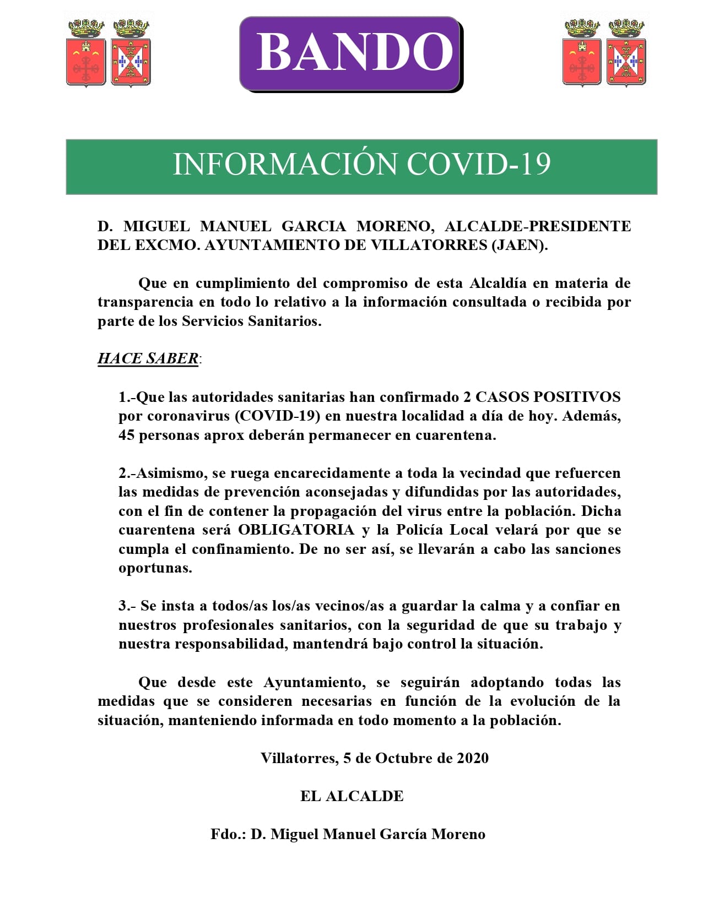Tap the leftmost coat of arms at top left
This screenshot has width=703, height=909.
[86, 53]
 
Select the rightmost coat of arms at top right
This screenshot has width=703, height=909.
[626, 53]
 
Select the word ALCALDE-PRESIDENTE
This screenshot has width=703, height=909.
[537, 226]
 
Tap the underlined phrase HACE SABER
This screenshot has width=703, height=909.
[148, 358]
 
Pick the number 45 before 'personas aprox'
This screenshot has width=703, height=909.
[126, 435]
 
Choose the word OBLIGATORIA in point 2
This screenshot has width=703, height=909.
[296, 530]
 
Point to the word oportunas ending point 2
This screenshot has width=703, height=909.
[155, 568]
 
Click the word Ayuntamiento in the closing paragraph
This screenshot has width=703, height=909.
[313, 683]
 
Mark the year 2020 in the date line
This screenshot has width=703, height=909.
[472, 759]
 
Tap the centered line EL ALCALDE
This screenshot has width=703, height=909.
[351, 797]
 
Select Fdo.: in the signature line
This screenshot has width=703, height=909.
[228, 835]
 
